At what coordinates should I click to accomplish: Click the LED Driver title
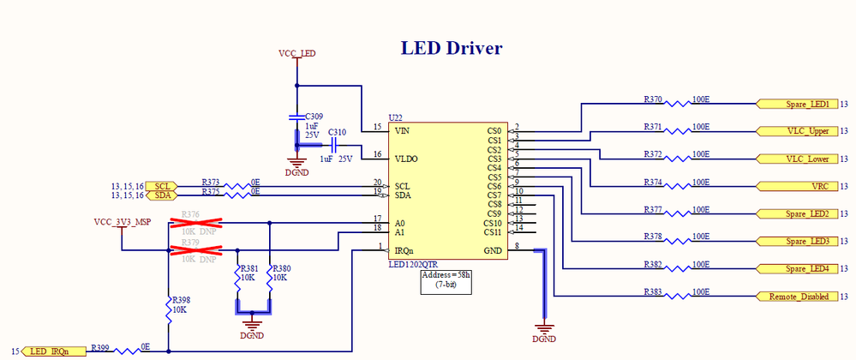452,48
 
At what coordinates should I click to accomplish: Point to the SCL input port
161,186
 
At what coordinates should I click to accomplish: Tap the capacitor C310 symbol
332,147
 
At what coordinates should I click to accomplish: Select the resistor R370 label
653,99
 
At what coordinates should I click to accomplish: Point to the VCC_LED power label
297,53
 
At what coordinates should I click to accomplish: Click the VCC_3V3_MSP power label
122,221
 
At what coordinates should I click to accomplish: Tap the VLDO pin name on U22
405,159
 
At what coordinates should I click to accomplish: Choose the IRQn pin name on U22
405,250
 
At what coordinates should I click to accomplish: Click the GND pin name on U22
493,250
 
